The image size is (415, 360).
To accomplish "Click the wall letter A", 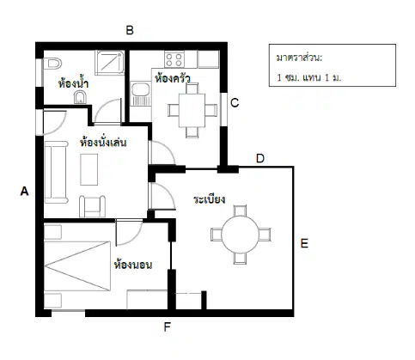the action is pos(24,191).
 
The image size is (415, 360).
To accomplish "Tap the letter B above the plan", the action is pos(130,30).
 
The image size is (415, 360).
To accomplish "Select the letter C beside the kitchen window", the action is pos(235,103).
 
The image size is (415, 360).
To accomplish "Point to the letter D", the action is pos(260,158).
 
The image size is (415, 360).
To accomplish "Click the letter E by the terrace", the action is pos(304,243).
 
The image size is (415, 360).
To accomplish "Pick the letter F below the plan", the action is pos(168,326).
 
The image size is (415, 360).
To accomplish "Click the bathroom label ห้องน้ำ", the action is pos(73,83).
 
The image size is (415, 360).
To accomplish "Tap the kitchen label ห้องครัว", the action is pos(173,78).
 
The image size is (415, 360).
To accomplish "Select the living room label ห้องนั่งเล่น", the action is pos(103,142).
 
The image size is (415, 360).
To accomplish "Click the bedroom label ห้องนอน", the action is pos(133,265).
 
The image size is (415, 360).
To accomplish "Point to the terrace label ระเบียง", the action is pos(209,199).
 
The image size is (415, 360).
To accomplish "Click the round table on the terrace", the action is pos(240,235).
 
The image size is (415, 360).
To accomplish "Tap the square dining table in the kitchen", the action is pos(192,110).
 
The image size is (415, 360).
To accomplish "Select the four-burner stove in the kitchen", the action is pos(174,59).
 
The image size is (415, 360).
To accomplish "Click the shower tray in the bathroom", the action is pos(110,63).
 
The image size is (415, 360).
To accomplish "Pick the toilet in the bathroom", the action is pos(52,64).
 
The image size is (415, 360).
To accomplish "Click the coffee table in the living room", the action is pos(89,169).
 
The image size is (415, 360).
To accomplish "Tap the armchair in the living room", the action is pos(92,206).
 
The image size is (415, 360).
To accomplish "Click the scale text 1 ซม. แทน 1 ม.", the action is pos(309,77).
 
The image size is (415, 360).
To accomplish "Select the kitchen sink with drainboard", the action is pos(140,94).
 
